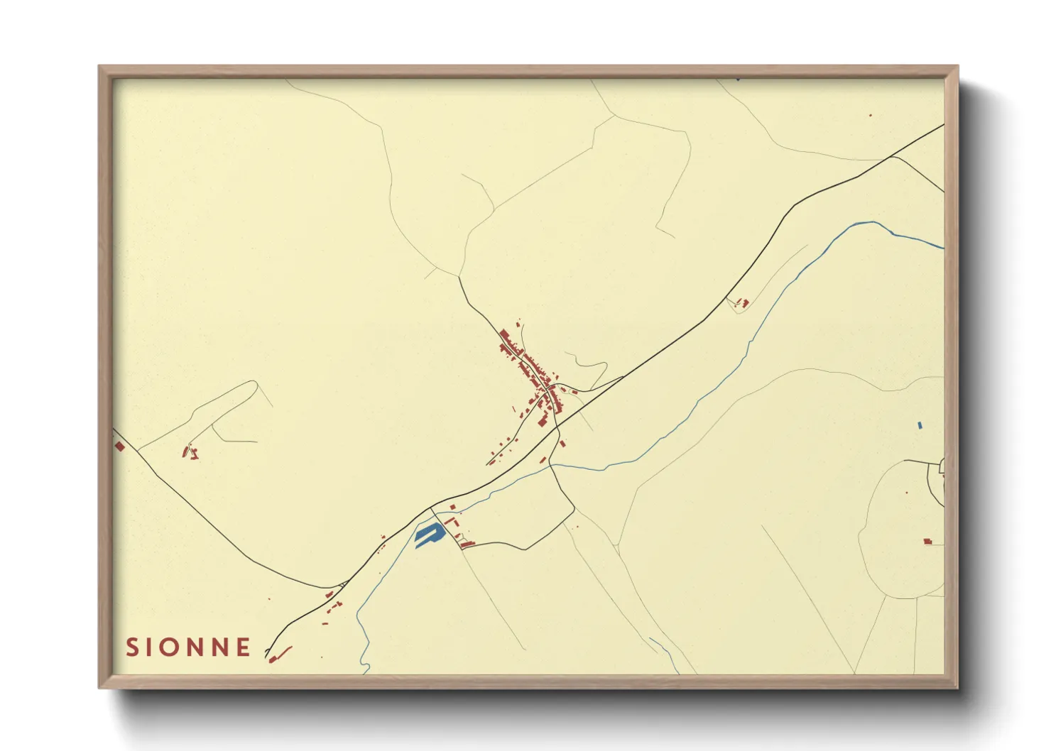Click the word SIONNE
click(188, 647)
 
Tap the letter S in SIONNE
click(131, 647)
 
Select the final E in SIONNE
click(244, 647)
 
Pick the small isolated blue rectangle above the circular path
click(920, 425)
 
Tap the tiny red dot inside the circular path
click(907, 492)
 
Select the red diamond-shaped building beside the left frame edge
click(119, 446)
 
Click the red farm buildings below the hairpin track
click(190, 451)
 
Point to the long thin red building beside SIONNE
click(283, 651)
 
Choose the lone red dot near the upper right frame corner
click(870, 115)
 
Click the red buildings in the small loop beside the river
click(741, 303)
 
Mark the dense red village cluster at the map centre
click(533, 376)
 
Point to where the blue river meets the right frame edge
click(943, 248)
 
